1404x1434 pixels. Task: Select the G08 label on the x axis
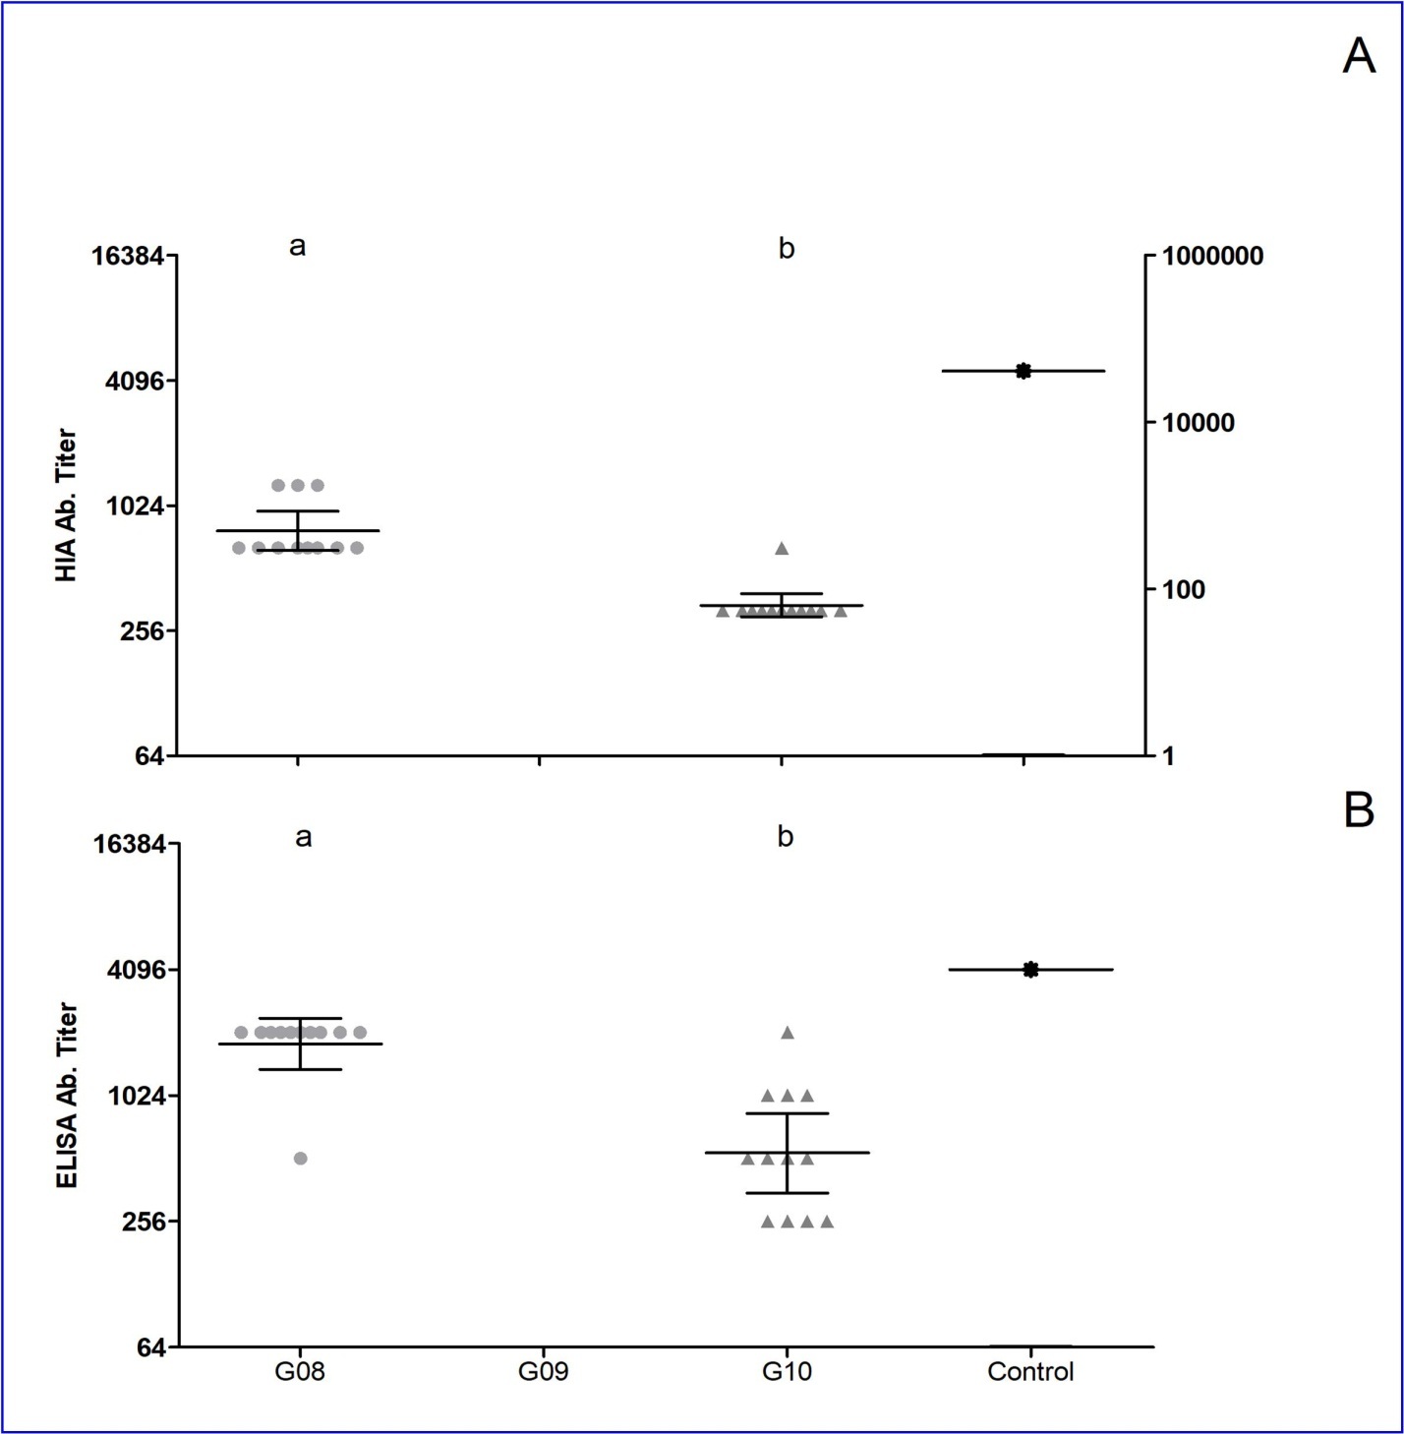click(300, 1371)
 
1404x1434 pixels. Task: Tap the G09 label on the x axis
click(543, 1371)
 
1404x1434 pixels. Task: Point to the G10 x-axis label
click(787, 1371)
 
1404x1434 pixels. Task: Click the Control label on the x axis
click(1030, 1371)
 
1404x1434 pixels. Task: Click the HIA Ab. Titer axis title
click(67, 505)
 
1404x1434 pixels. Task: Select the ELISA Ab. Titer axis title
click(67, 1095)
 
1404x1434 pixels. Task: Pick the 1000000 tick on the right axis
click(1212, 257)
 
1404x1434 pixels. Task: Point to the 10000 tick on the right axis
click(1198, 423)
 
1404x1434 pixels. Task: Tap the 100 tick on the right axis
click(1183, 590)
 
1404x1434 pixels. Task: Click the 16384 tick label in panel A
click(135, 257)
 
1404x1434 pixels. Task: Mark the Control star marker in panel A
click(1024, 371)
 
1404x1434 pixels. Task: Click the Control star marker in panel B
click(1030, 970)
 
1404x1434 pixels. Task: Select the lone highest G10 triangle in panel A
click(782, 548)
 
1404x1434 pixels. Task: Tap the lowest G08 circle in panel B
click(301, 1158)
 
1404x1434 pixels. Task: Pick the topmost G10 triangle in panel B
click(788, 1032)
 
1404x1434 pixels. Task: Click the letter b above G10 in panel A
click(787, 249)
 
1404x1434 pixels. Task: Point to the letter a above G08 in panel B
click(304, 837)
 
